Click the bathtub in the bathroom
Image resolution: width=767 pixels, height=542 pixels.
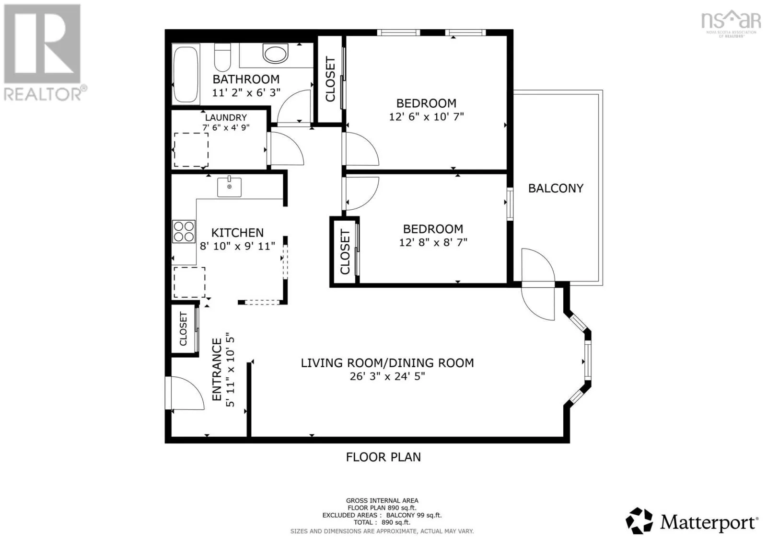[x=186, y=74]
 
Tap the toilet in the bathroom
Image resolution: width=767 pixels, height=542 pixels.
[x=222, y=57]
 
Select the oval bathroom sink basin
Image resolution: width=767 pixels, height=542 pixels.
[x=275, y=54]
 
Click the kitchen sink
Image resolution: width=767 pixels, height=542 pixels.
[x=229, y=187]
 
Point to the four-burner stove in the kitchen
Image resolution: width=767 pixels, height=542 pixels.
[x=184, y=232]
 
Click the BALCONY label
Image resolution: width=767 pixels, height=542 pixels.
[x=556, y=189]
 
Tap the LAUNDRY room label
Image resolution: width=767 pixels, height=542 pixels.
[x=226, y=118]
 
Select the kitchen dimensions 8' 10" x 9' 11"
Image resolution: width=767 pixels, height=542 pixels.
[x=237, y=246]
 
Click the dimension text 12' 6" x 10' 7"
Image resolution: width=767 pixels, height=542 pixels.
[x=426, y=117]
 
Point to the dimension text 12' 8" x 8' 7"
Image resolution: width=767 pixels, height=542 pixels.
[x=433, y=242]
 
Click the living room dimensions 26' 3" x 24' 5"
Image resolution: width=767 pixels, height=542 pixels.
[x=387, y=376]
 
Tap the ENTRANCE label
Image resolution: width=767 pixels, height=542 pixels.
[x=217, y=369]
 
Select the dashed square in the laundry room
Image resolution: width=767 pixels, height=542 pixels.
[x=191, y=150]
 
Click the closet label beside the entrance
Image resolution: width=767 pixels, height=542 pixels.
[x=183, y=328]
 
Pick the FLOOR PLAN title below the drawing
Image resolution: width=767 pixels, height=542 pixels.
[x=383, y=457]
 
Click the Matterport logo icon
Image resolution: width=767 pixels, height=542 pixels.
[x=639, y=520]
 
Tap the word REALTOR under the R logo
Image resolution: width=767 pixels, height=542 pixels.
[x=43, y=95]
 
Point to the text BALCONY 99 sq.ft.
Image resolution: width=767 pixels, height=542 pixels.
[x=414, y=515]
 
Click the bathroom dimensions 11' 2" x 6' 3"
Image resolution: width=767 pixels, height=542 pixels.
[x=246, y=93]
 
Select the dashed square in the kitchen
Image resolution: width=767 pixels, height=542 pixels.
[x=189, y=282]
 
